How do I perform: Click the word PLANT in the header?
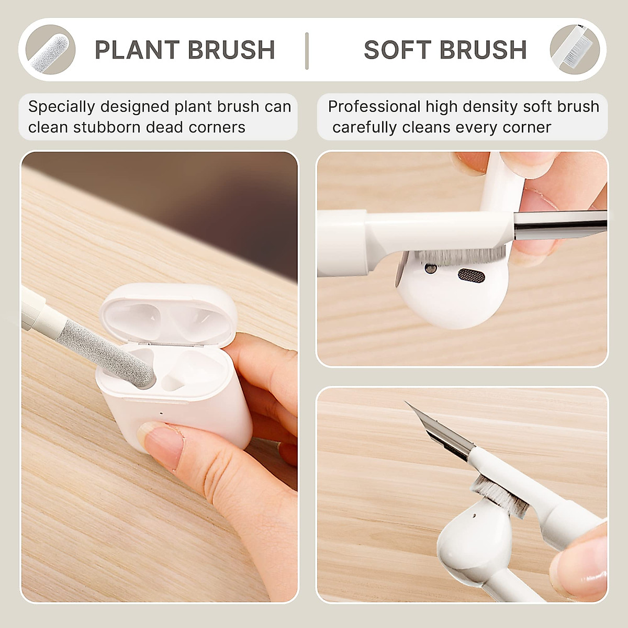[137, 50]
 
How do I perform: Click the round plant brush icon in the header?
[50, 50]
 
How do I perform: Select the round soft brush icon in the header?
[574, 50]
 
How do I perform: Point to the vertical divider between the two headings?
[307, 50]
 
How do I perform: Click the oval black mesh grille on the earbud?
[471, 274]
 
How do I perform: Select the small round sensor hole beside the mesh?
[431, 269]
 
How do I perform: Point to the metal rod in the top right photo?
[560, 223]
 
